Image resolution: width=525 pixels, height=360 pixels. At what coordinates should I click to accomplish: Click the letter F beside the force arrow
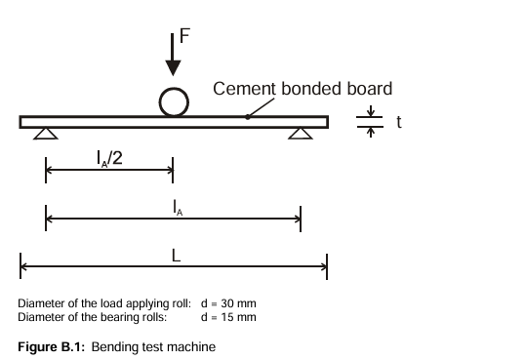[x=184, y=35]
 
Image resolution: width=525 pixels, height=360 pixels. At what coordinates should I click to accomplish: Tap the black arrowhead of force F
[x=173, y=68]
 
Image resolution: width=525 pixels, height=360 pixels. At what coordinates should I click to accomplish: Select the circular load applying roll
[x=174, y=102]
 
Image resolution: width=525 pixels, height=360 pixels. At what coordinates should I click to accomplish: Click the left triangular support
[x=46, y=134]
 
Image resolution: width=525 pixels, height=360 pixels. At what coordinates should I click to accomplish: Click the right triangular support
[x=301, y=134]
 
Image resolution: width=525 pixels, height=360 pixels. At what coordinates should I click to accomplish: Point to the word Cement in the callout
[x=244, y=89]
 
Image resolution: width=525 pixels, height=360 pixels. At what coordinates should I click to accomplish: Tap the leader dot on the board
[x=248, y=117]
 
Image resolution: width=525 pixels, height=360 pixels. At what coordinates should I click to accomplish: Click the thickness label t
[x=399, y=122]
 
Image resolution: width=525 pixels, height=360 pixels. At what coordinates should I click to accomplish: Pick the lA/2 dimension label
[x=109, y=158]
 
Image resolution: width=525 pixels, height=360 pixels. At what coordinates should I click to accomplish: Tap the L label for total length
[x=176, y=256]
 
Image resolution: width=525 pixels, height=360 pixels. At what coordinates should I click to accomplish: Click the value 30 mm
[x=238, y=303]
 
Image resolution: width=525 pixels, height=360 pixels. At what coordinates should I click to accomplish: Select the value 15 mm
[x=238, y=317]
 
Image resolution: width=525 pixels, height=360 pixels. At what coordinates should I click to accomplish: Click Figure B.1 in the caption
[x=52, y=347]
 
